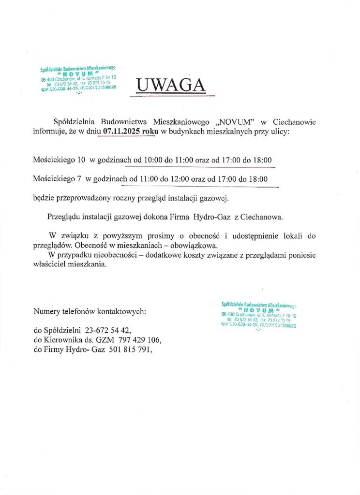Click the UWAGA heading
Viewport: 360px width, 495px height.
(171, 85)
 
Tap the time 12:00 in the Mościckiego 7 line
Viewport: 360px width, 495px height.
(179, 179)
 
